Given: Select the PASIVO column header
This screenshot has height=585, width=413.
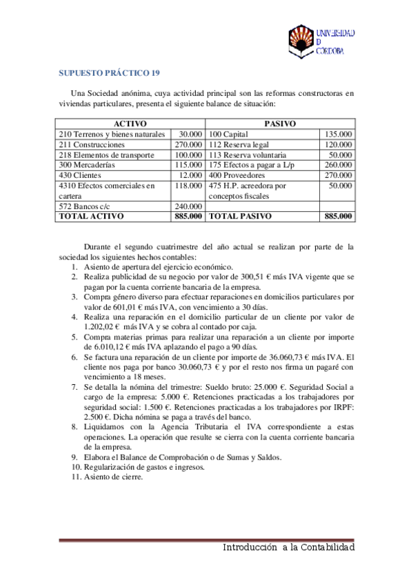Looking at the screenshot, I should click(280, 123).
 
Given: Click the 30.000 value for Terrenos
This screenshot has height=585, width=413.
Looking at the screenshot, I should click(190, 134).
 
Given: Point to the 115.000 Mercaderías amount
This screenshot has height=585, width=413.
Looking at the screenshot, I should click(188, 165).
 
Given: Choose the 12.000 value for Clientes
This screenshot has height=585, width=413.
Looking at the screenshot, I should click(190, 175).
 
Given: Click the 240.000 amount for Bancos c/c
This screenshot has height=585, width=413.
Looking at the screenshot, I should click(188, 206).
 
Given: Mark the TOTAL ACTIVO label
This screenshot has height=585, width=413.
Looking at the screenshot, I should click(92, 216).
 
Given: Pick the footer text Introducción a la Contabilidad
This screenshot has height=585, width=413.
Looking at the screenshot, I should click(288, 547).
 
